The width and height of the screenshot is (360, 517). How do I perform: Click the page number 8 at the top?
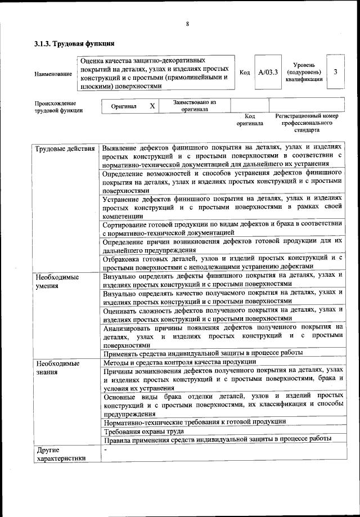(187, 23)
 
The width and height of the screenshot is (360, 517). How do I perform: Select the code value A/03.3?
(268, 72)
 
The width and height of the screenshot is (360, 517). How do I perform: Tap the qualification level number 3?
(336, 72)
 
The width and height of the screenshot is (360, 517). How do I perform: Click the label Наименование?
(53, 74)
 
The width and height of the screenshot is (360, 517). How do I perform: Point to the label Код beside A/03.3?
(245, 73)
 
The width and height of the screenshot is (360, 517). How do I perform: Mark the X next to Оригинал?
(152, 106)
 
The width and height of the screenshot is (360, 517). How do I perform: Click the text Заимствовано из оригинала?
(194, 106)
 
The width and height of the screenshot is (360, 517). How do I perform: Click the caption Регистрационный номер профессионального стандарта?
(307, 122)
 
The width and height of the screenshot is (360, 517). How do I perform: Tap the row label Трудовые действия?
(65, 149)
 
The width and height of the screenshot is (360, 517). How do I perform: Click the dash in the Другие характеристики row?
(105, 449)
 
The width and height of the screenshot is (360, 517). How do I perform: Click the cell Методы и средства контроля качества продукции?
(180, 362)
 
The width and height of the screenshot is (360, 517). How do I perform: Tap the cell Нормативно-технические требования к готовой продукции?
(195, 421)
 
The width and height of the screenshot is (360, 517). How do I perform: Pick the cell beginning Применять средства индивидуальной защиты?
(203, 353)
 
